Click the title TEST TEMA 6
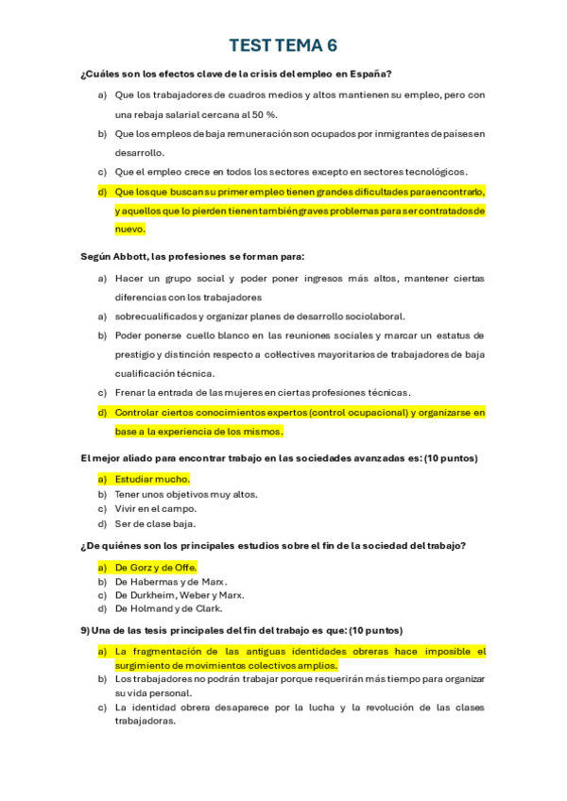pyautogui.click(x=283, y=45)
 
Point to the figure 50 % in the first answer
pyautogui.click(x=264, y=114)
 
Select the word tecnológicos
pyautogui.click(x=430, y=172)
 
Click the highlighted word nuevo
pyautogui.click(x=129, y=229)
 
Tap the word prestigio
pyautogui.click(x=135, y=354)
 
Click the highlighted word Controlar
pyautogui.click(x=141, y=412)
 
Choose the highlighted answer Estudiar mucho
pyautogui.click(x=152, y=479)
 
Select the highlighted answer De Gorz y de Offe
pyautogui.click(x=155, y=567)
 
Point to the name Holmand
pyautogui.click(x=152, y=610)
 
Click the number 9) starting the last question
pyautogui.click(x=87, y=630)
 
